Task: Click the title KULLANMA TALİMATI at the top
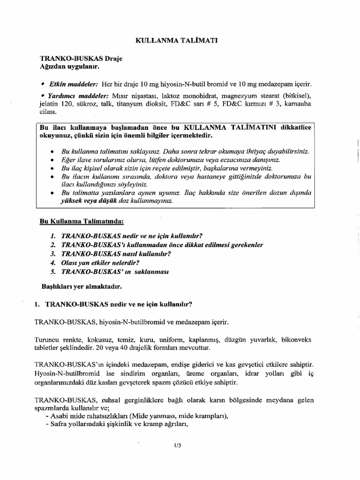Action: (x=176, y=41)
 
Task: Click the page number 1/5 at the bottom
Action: (x=177, y=445)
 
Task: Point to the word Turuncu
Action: (x=48, y=339)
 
